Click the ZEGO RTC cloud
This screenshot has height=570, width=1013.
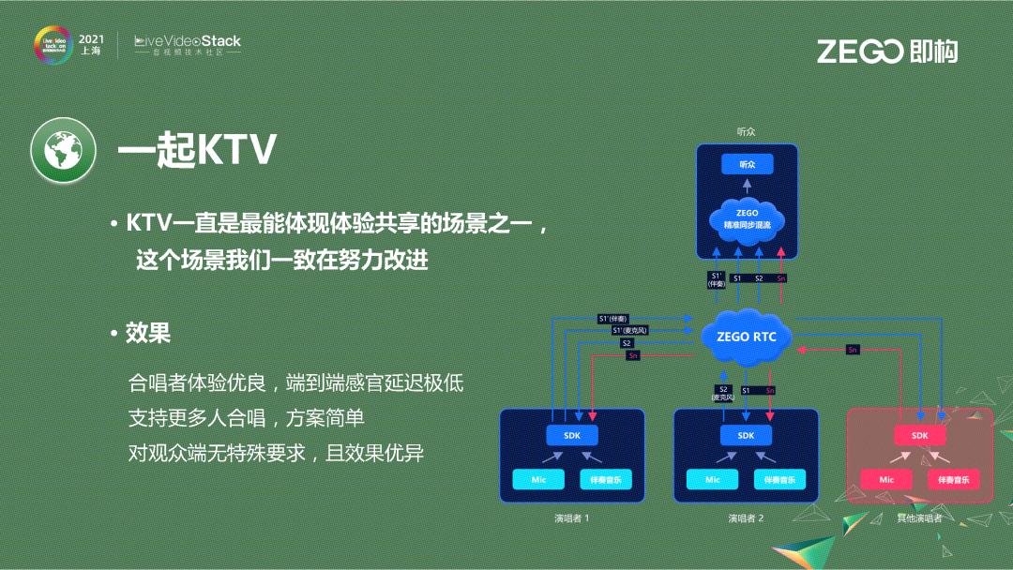click(746, 337)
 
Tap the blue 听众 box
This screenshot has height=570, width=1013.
click(747, 164)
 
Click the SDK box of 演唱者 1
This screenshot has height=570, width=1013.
click(571, 435)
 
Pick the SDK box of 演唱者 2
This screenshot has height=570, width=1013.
click(746, 435)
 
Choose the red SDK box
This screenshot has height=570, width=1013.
click(919, 435)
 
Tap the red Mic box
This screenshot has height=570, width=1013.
click(886, 479)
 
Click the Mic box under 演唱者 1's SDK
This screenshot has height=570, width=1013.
click(538, 479)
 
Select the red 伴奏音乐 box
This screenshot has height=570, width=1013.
click(954, 479)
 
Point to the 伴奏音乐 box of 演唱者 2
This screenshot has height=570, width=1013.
click(779, 479)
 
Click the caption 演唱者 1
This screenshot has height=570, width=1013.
click(571, 517)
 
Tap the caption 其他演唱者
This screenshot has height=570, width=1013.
click(919, 517)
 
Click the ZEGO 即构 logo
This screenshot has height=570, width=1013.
click(886, 51)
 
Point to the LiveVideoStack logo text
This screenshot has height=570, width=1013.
click(188, 41)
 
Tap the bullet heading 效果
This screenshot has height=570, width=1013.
click(148, 333)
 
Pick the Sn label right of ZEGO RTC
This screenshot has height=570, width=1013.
click(852, 350)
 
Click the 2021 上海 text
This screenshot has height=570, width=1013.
click(91, 45)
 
